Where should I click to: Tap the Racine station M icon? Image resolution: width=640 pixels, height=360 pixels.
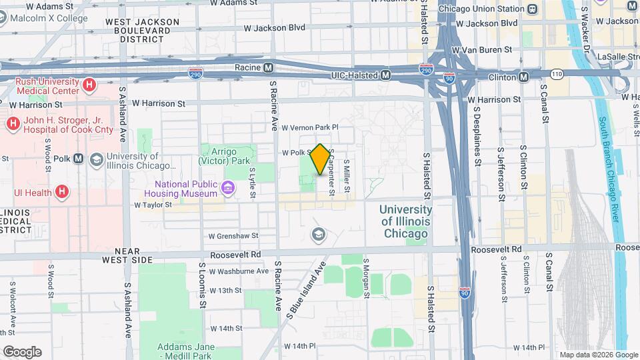tap(268, 67)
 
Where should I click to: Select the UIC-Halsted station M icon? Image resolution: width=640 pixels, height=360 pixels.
tap(385, 76)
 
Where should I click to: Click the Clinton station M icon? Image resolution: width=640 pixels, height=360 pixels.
tap(524, 77)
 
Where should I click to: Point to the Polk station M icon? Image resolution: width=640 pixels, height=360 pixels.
tap(79, 159)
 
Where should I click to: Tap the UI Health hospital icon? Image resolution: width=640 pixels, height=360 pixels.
tap(62, 193)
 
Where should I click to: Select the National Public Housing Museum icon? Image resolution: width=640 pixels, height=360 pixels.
tap(228, 189)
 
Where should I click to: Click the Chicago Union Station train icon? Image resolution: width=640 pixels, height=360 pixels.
tap(532, 9)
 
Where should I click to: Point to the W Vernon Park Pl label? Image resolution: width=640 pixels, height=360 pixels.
tap(310, 127)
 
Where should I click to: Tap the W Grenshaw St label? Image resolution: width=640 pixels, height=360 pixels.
tap(233, 235)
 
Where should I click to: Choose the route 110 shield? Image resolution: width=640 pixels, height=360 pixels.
tap(556, 72)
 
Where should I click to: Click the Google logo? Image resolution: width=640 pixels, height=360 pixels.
tap(22, 351)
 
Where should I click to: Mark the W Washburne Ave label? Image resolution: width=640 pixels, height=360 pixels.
tap(239, 271)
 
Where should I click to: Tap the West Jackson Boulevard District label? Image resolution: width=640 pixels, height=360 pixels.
tap(141, 31)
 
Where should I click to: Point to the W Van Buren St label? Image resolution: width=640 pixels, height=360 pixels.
tap(482, 49)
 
